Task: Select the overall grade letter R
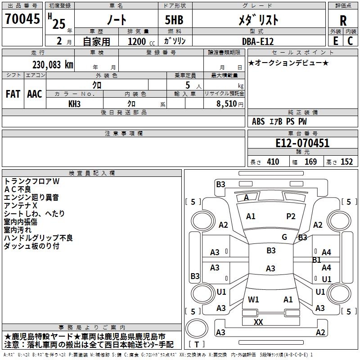(x=343, y=21)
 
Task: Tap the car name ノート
(x=116, y=20)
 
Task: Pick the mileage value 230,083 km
(x=53, y=64)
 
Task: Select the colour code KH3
(x=75, y=103)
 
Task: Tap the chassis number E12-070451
(x=302, y=144)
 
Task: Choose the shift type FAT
(x=13, y=94)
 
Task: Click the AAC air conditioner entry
(x=35, y=94)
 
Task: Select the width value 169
(x=311, y=162)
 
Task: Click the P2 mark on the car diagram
(x=291, y=216)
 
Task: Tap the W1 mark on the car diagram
(x=253, y=299)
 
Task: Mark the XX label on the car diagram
(x=258, y=322)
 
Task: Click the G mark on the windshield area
(x=284, y=237)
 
